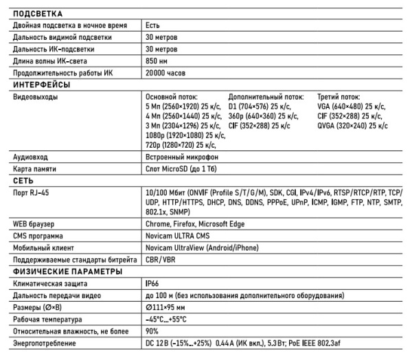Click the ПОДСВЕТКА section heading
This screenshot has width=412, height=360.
tap(38, 13)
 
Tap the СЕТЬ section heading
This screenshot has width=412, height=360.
tap(25, 180)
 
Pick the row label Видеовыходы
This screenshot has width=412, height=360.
tap(36, 98)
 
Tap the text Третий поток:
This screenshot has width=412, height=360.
tap(339, 98)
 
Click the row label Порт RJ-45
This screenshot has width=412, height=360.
tap(31, 193)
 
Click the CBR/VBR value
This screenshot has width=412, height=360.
tap(161, 259)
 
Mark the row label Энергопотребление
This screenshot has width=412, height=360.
tap(45, 343)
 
